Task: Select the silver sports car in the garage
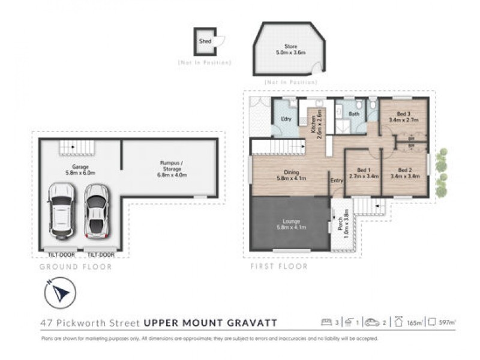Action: tap(96, 211)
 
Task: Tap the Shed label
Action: tap(205, 42)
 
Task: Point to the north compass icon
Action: tap(60, 293)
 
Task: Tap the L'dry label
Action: tap(286, 119)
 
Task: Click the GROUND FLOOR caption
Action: tap(76, 266)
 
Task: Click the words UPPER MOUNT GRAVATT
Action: tap(210, 323)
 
